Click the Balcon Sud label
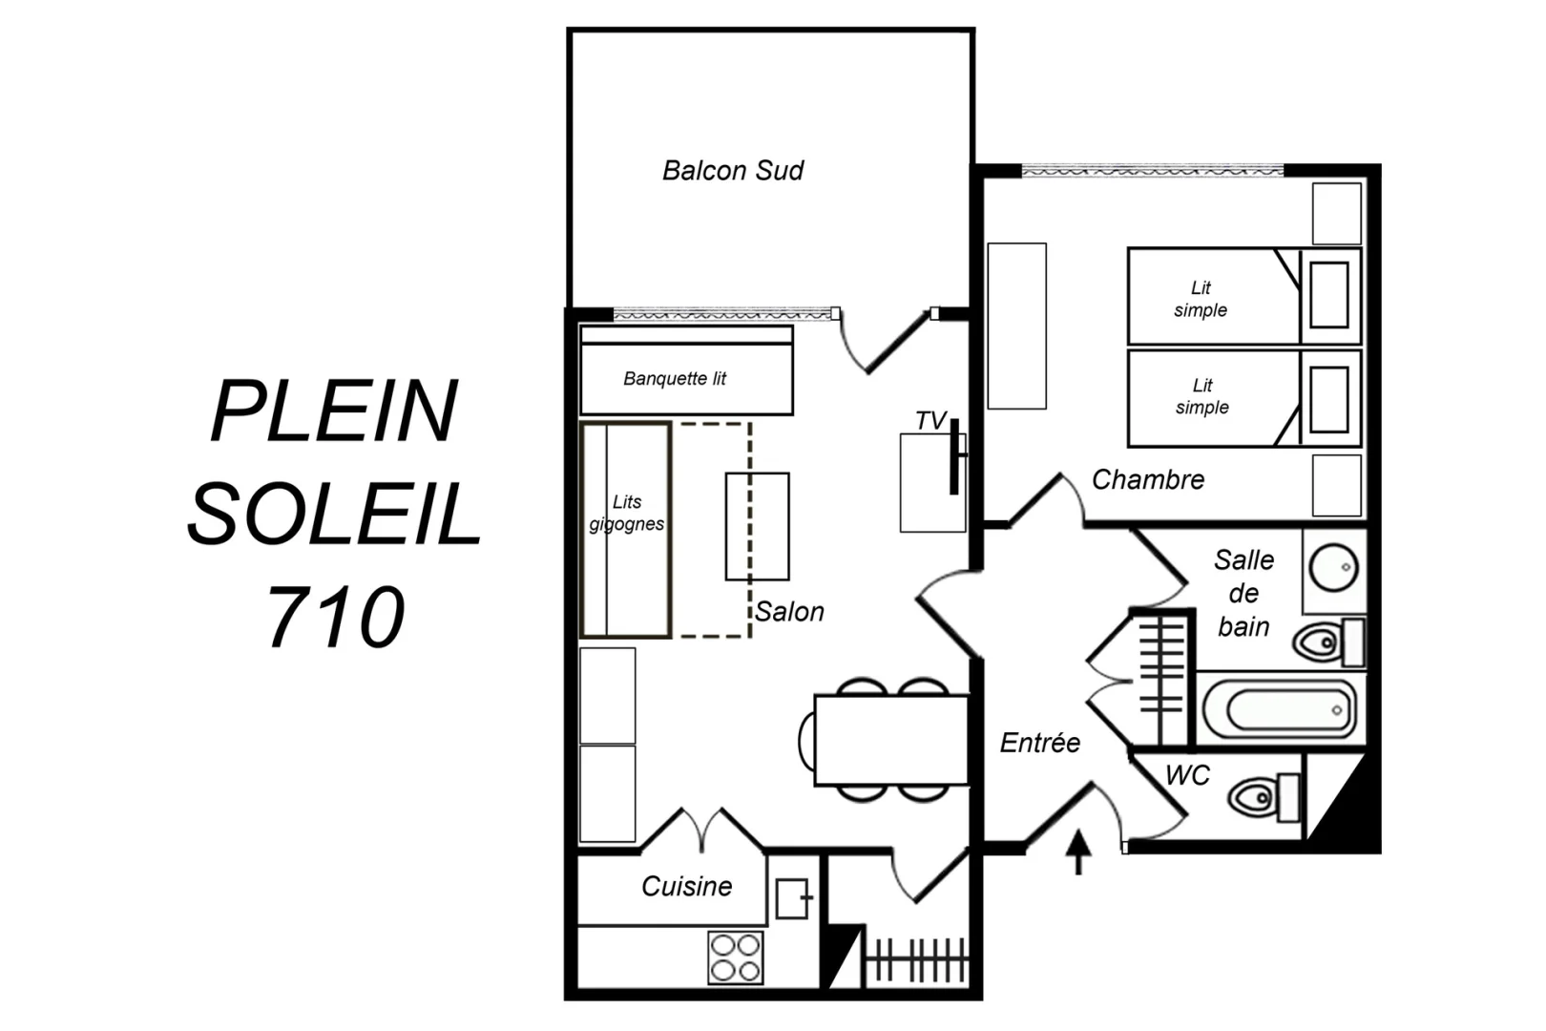coord(733,171)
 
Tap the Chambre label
coord(1148,479)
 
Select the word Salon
coord(789,612)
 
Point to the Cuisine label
coord(687,886)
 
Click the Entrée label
coord(1040,743)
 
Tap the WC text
coord(1188,775)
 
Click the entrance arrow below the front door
coord(1078,852)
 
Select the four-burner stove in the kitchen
coord(736,957)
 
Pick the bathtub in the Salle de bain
coord(1280,709)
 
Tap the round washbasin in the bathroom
coord(1333,568)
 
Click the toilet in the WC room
coord(1264,797)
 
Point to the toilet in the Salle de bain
coord(1328,642)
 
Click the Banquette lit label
coord(675,378)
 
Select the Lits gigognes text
coord(627,513)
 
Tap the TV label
coord(930,421)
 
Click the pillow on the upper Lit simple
coord(1329,295)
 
